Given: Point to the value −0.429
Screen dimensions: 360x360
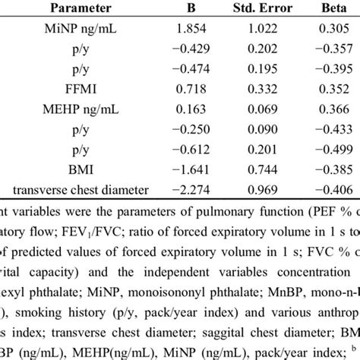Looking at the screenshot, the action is tap(187, 50).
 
